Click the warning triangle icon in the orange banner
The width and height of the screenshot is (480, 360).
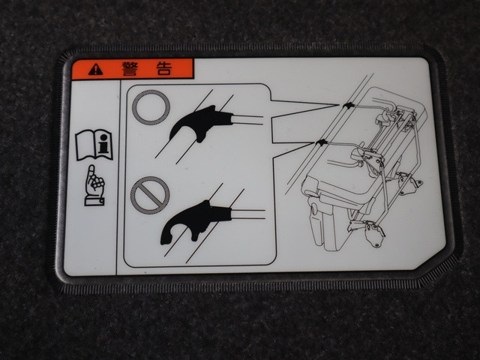(95, 70)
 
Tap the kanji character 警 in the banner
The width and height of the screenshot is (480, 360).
(130, 68)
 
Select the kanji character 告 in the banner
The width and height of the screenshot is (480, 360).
(163, 68)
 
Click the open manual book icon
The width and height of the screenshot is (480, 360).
(94, 145)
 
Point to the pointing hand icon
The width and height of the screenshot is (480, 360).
(94, 185)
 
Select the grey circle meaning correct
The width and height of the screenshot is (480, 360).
(151, 107)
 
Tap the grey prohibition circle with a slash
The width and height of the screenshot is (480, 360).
(150, 195)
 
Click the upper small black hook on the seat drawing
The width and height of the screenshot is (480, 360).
(348, 106)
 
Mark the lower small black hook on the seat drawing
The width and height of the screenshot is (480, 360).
(322, 142)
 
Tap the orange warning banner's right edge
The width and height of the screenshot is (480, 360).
(193, 68)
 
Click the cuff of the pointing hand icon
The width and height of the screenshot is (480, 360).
(94, 201)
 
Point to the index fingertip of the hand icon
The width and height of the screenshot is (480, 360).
(91, 167)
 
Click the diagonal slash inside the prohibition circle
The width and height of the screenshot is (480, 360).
(150, 195)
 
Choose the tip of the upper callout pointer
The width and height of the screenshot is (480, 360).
(339, 105)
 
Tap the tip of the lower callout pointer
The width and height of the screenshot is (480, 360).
(315, 142)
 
